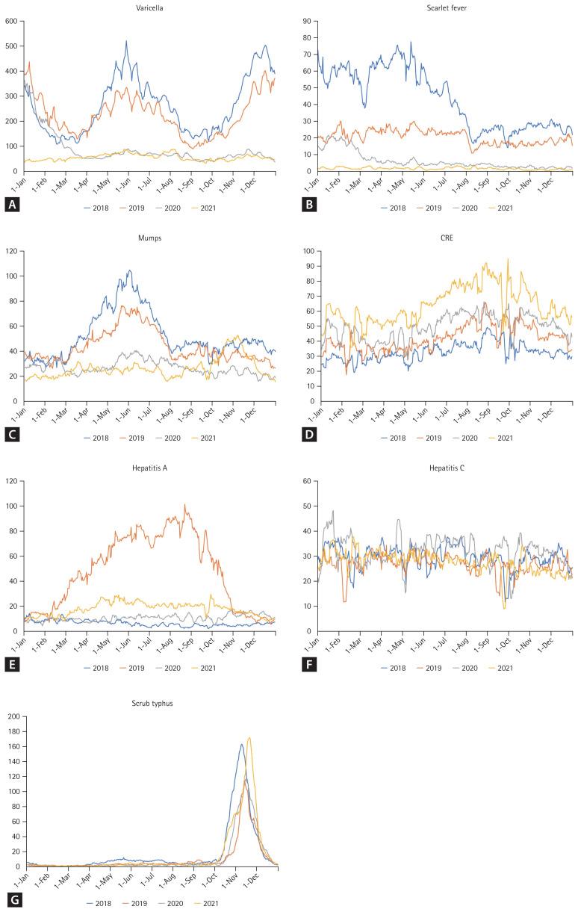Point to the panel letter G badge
point(12,899)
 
